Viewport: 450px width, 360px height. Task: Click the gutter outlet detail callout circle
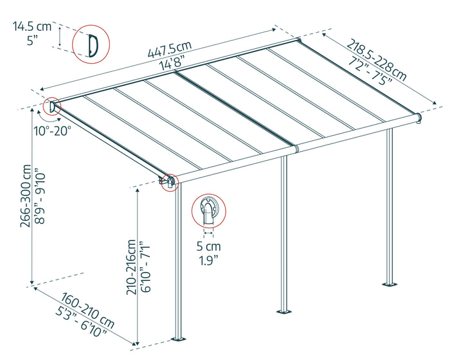tap(210, 210)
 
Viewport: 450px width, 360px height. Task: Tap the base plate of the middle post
tap(283, 312)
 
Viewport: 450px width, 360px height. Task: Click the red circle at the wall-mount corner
tap(51, 106)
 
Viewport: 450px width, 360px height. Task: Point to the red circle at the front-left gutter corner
tap(170, 182)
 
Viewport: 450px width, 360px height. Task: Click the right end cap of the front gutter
tap(419, 118)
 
